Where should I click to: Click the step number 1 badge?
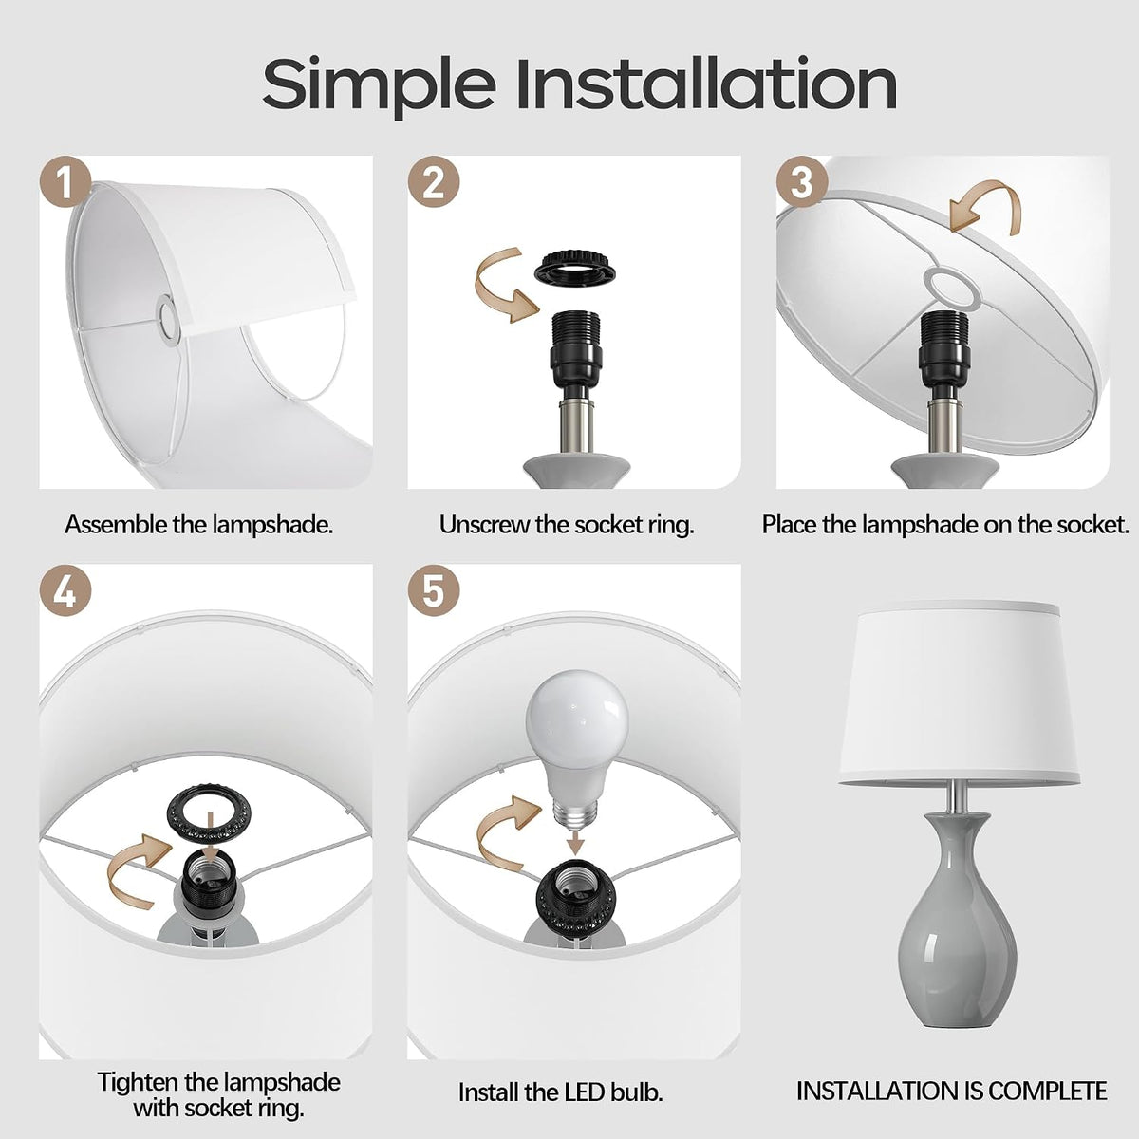[65, 181]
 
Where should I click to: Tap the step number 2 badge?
[434, 181]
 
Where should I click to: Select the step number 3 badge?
[802, 181]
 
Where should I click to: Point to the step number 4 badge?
[65, 590]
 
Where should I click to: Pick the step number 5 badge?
[434, 590]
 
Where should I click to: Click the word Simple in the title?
[379, 85]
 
